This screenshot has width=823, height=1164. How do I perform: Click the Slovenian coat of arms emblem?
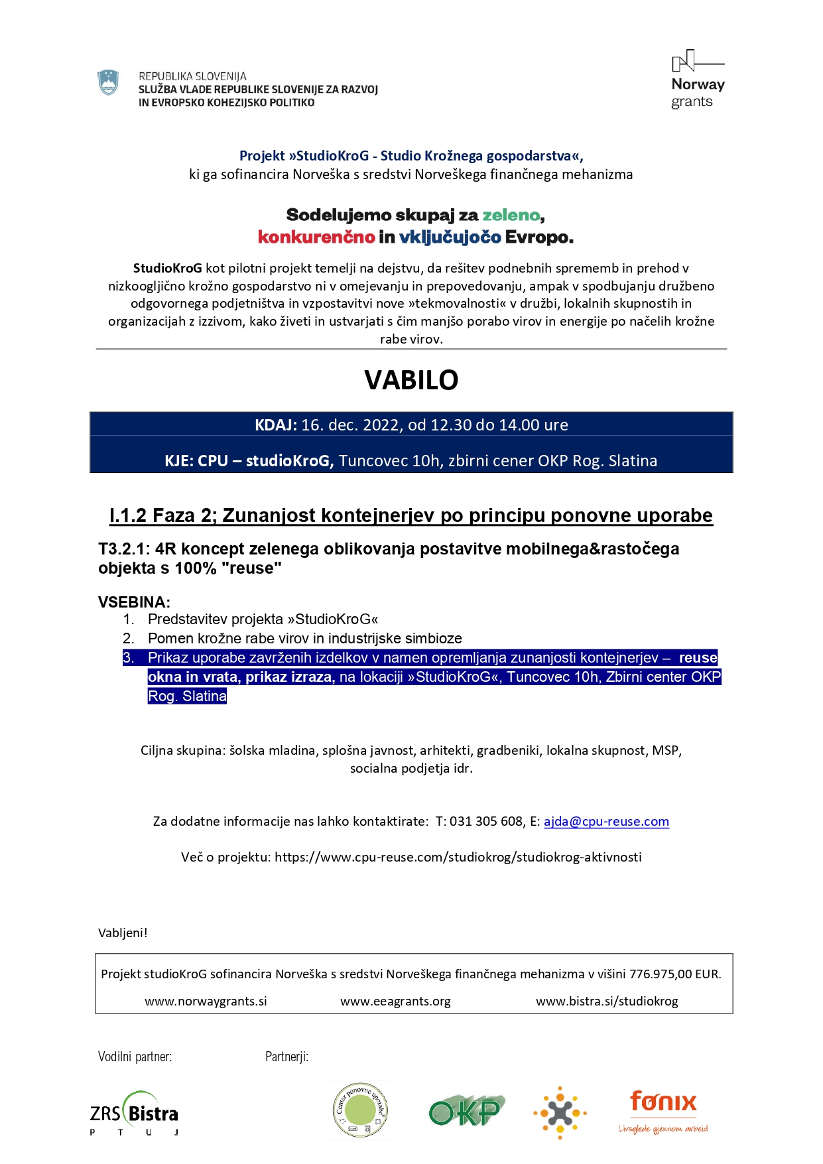click(108, 83)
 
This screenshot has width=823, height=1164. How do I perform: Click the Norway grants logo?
click(697, 80)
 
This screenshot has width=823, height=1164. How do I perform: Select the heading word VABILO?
click(411, 380)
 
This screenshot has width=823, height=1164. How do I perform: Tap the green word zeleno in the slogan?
click(511, 216)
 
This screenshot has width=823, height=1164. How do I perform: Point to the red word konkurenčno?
click(316, 237)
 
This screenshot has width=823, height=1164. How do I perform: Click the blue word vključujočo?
click(450, 237)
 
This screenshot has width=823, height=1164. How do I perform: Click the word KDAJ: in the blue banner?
click(276, 425)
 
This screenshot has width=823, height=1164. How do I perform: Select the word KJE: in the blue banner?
click(178, 461)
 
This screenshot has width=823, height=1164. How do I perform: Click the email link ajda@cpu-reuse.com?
click(606, 822)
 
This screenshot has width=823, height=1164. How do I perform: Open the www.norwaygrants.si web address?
click(206, 1002)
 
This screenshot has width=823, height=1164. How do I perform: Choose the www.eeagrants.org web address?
click(395, 1002)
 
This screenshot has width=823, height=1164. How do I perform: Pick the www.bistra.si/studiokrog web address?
click(607, 1002)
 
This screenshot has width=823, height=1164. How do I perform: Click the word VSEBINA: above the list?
click(134, 602)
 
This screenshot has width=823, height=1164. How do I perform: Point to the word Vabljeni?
click(123, 933)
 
